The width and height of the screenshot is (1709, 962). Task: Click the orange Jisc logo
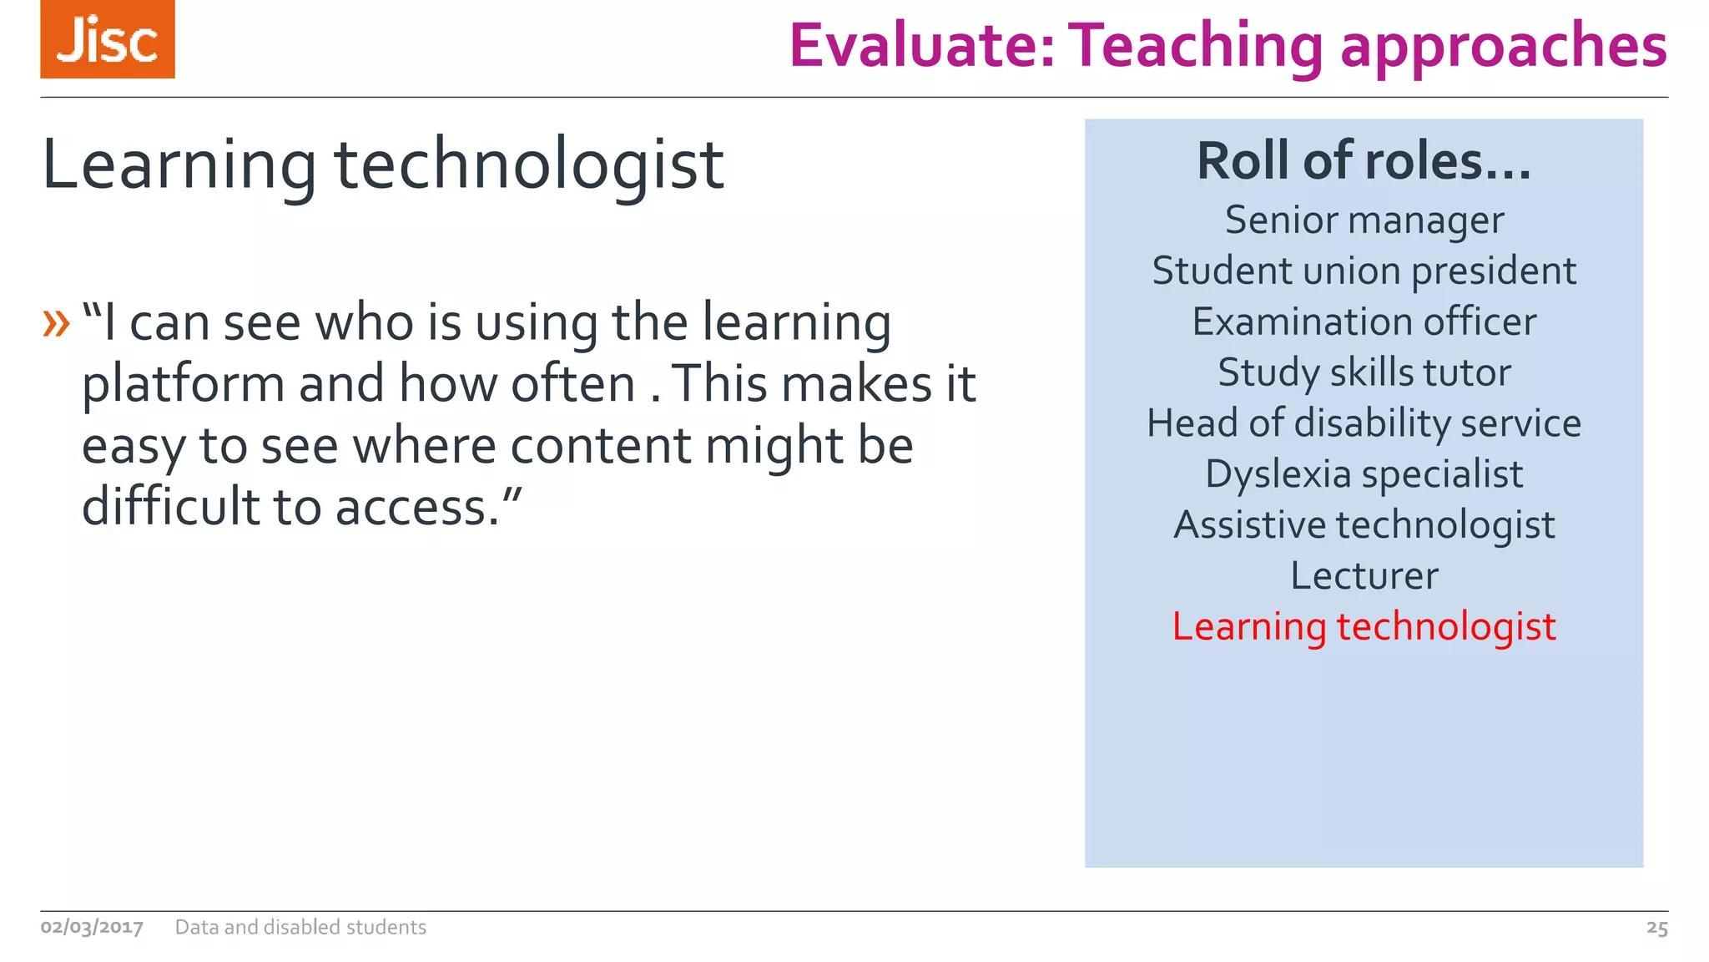point(107,39)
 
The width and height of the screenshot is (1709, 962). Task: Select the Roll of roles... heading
point(1364,160)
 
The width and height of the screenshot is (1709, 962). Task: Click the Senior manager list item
point(1364,220)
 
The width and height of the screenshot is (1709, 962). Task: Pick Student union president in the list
point(1364,271)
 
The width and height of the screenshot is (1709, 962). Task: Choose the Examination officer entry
point(1364,322)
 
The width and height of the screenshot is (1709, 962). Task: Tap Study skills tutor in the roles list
point(1364,373)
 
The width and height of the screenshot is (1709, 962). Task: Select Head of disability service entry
point(1364,423)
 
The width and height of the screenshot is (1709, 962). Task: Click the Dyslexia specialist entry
point(1364,474)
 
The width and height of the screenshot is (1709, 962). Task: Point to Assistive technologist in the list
point(1364,525)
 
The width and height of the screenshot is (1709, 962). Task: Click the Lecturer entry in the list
point(1364,576)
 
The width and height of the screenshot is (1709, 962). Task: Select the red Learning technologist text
point(1364,627)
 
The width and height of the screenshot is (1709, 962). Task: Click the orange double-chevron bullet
point(56,323)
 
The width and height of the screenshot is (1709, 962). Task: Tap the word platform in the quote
point(183,386)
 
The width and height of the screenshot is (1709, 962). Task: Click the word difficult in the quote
point(171,506)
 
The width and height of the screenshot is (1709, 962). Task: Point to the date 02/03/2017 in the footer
point(92,927)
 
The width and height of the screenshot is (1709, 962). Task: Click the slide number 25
point(1656,928)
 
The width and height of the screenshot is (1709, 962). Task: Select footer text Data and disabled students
point(300,927)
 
